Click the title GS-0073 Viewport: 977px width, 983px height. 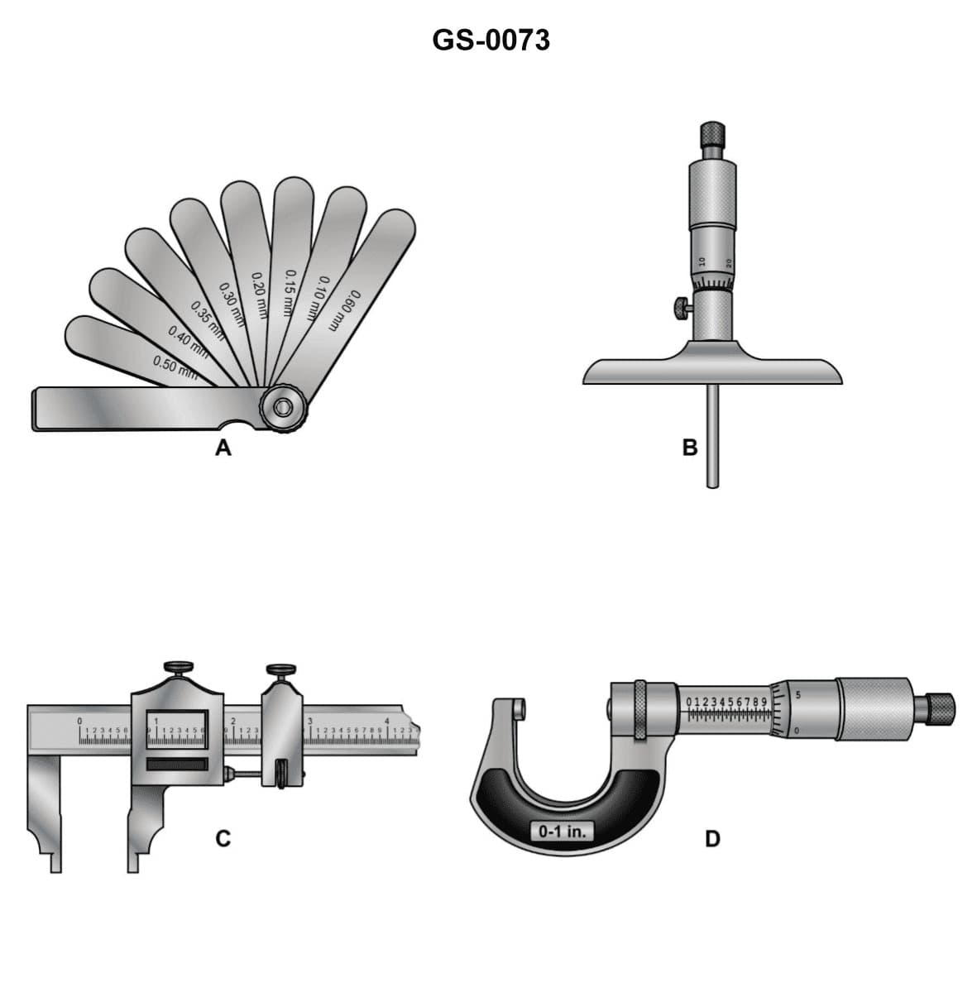pyautogui.click(x=491, y=40)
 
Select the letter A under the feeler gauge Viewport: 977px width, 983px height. pyautogui.click(x=223, y=448)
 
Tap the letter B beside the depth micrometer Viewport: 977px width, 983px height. pyautogui.click(x=690, y=448)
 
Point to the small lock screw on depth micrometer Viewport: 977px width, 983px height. pyautogui.click(x=681, y=309)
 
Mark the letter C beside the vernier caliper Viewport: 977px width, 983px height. pyautogui.click(x=223, y=839)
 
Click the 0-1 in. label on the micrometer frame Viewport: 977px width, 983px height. pyautogui.click(x=562, y=831)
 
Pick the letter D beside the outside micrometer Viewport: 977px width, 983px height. pyautogui.click(x=712, y=839)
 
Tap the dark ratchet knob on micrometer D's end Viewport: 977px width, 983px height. pyautogui.click(x=940, y=706)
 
